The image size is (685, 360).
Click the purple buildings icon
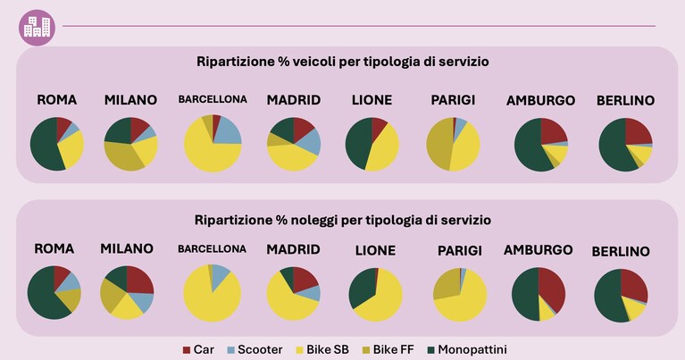click(x=37, y=28)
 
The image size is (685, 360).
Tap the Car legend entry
click(x=198, y=350)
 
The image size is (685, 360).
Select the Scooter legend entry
click(x=255, y=350)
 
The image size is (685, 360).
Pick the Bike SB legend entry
click(x=322, y=350)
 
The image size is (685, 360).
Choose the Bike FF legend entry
click(x=388, y=350)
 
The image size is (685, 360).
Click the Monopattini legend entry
click(x=467, y=350)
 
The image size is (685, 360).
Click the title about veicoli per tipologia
click(x=343, y=62)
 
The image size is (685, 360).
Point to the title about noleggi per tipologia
click(x=343, y=220)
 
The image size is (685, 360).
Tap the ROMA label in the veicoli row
click(x=57, y=100)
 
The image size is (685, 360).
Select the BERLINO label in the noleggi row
click(x=621, y=252)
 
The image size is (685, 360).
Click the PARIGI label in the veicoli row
click(x=453, y=100)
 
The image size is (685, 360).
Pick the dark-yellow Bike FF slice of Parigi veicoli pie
click(x=439, y=144)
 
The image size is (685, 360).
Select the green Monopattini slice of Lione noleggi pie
click(x=362, y=289)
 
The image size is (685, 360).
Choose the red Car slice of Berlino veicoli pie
click(x=638, y=132)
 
